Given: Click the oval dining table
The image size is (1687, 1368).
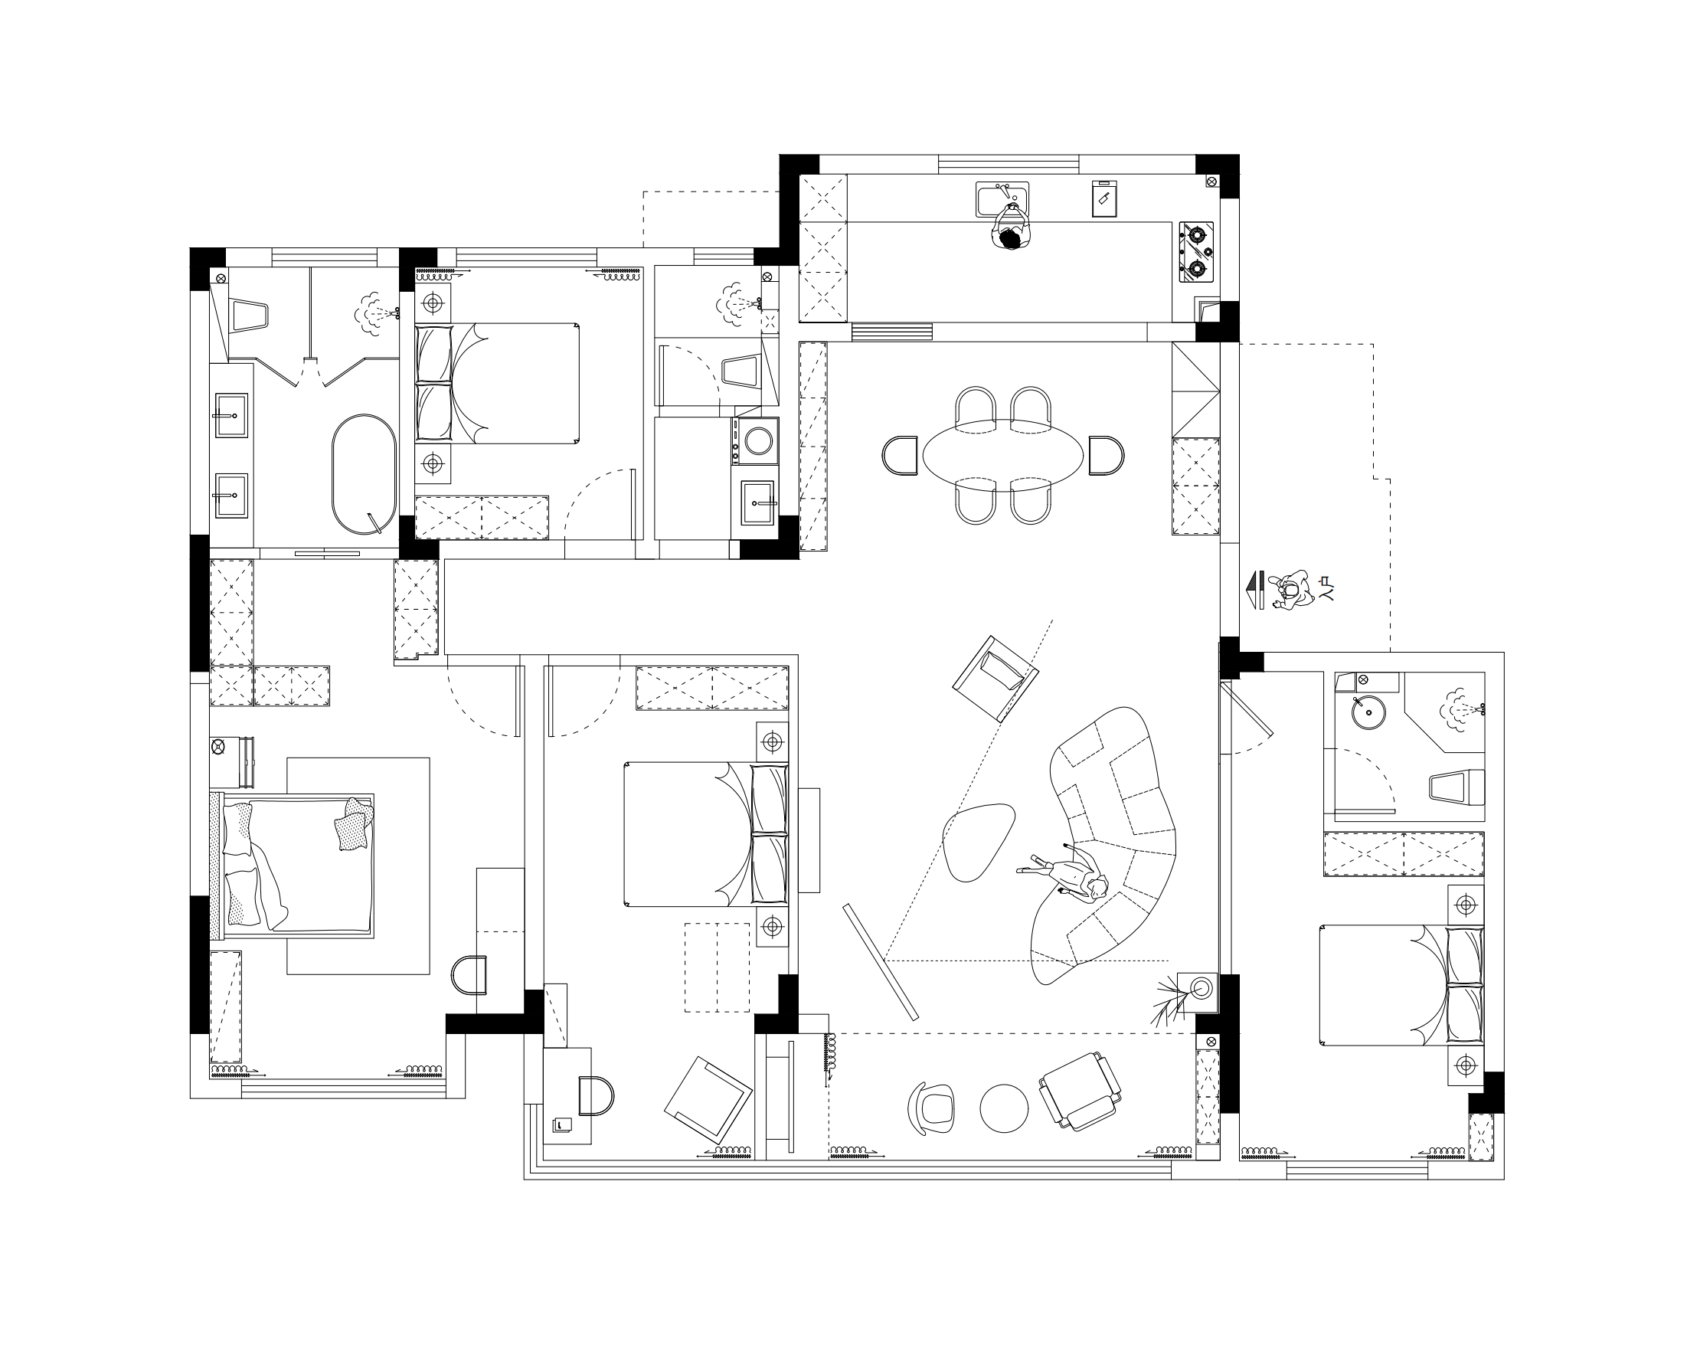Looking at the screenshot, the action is click(x=1003, y=457).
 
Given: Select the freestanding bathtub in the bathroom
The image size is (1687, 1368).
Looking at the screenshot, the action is click(x=363, y=474).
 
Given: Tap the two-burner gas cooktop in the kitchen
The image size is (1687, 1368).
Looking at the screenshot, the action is click(x=1197, y=251).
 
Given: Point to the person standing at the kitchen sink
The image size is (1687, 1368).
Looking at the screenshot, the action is click(x=1009, y=227).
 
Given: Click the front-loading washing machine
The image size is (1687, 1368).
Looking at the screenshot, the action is click(x=757, y=440).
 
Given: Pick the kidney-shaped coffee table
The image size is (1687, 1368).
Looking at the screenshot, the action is click(x=978, y=842).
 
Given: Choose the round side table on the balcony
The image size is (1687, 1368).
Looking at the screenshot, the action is click(x=1004, y=1109).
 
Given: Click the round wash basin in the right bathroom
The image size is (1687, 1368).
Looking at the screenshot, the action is click(x=1368, y=712).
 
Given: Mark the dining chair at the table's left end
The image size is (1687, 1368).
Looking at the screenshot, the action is click(x=901, y=456).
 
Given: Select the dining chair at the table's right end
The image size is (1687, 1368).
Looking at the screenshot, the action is click(x=1107, y=456).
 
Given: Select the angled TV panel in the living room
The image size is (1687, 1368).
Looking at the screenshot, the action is click(x=881, y=962).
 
